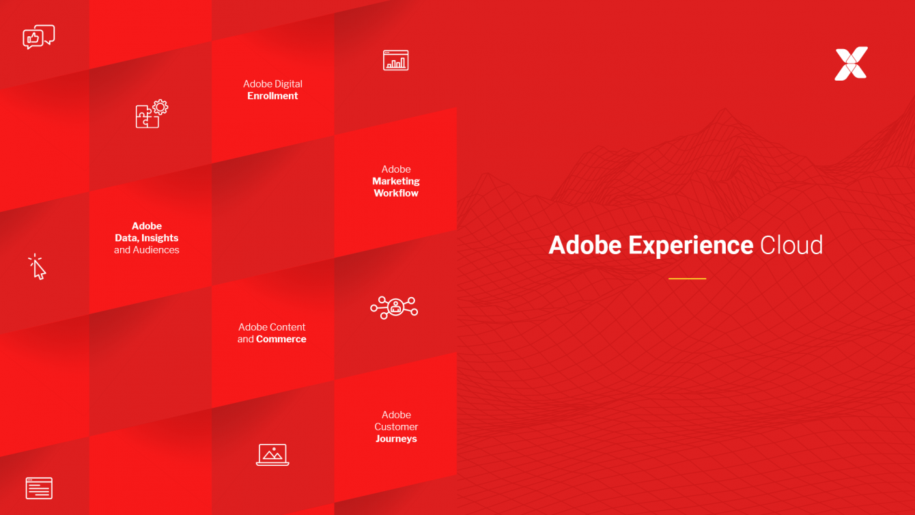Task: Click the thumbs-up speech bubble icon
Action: point(38,37)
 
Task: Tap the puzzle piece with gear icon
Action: point(152,114)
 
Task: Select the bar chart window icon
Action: point(395,61)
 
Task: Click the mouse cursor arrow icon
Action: point(38,267)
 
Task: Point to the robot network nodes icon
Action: point(394,307)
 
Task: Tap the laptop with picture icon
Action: point(272,454)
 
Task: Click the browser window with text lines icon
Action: point(39,488)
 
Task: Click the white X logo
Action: point(851,64)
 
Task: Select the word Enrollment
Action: point(272,96)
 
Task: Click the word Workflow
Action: point(396,193)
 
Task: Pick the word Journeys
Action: point(396,439)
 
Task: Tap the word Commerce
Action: point(281,339)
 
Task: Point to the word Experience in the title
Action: point(690,245)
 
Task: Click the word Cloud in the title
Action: point(791,245)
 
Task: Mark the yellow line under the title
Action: point(687,279)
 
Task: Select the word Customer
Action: point(396,427)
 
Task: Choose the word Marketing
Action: point(396,181)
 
